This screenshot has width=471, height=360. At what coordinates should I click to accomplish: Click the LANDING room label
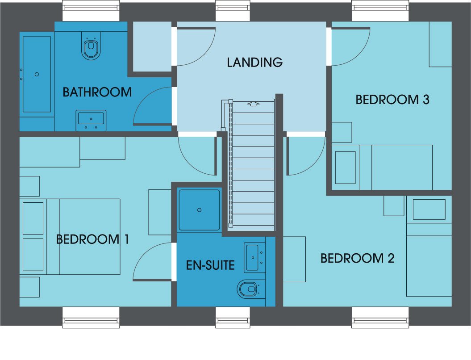(255, 62)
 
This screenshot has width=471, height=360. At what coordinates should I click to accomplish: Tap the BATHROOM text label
(97, 92)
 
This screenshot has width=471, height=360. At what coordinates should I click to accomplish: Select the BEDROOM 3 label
(392, 100)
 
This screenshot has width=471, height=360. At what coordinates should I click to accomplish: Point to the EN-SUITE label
(210, 265)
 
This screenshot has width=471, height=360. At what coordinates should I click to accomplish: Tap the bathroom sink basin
(91, 121)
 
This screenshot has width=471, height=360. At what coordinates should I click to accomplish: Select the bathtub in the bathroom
(37, 74)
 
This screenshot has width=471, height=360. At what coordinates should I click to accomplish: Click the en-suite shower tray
(199, 210)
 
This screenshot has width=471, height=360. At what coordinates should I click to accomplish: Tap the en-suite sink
(254, 258)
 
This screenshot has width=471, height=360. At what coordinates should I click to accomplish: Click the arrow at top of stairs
(254, 104)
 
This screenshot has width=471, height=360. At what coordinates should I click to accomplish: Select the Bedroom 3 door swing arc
(354, 50)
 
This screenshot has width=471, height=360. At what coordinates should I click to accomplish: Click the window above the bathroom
(91, 11)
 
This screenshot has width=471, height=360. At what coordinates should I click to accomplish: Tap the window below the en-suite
(233, 317)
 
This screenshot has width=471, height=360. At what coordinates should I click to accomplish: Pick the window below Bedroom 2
(380, 317)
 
